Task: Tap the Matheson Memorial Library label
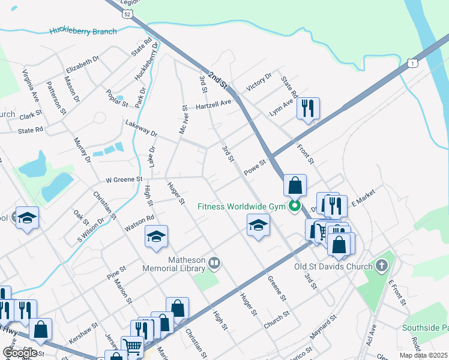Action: [x=174, y=264]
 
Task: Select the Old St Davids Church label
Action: [x=333, y=266]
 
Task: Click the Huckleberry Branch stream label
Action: [x=83, y=31]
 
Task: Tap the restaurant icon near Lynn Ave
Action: [x=308, y=109]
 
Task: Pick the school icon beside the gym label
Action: [x=259, y=226]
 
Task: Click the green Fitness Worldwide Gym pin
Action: [x=294, y=206]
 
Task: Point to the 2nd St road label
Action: [x=217, y=77]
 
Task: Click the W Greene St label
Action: [x=124, y=179]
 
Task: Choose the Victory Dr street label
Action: [x=259, y=81]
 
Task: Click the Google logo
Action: [x=20, y=353]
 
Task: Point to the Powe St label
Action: [x=255, y=167]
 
